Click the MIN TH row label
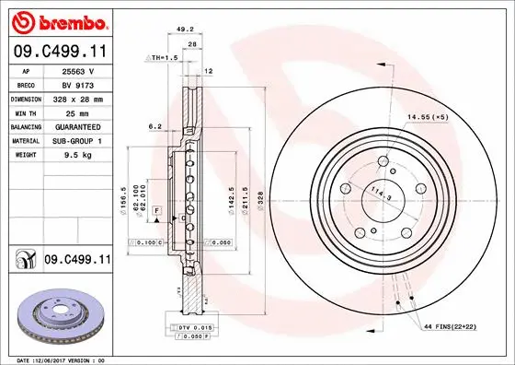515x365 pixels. coord(24,111)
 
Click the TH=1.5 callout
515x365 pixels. coord(163,57)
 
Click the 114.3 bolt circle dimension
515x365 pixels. coord(377,195)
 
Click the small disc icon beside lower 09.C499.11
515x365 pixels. coord(22,262)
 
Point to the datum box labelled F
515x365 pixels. coord(157,211)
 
